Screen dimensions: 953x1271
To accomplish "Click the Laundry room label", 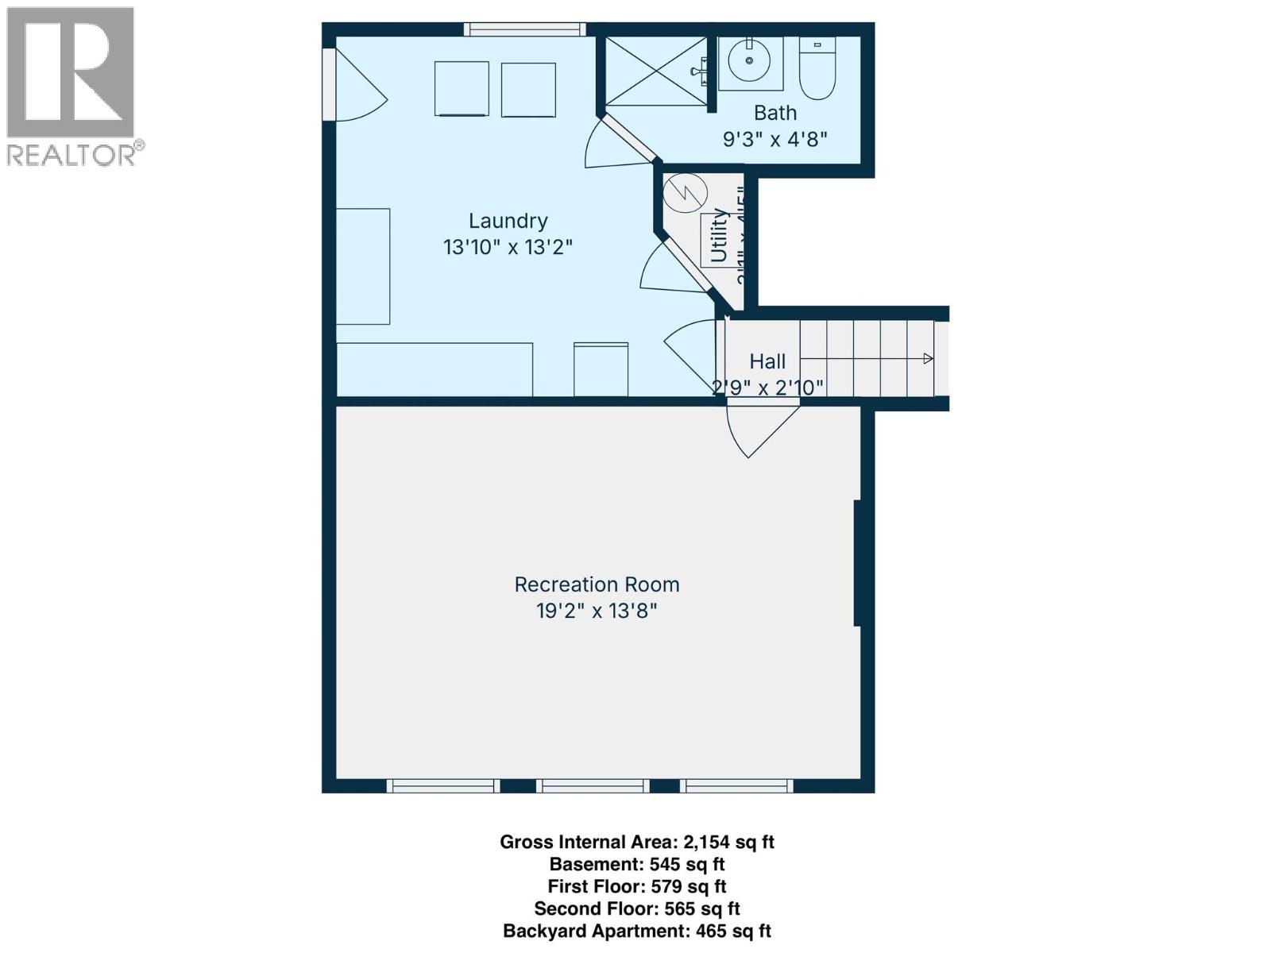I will pos(508,221).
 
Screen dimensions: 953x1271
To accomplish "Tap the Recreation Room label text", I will pos(597,585).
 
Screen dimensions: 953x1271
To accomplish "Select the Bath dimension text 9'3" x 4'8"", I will pos(775,139).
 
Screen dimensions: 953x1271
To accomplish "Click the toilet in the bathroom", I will pos(818,70).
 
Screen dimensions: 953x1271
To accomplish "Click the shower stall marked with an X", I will pos(655,71).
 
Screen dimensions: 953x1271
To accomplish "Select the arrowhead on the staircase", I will pos(928,359).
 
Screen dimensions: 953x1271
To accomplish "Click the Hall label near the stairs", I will pos(767,361).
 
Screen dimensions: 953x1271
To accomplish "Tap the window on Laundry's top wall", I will pos(524,29).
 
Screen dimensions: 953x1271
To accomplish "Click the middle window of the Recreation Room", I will pos(593,785).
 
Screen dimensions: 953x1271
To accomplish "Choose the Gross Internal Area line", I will pos(636,842).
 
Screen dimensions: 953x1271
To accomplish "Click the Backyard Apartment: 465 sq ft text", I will pos(636,931).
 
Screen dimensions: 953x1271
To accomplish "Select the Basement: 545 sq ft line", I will pos(636,864).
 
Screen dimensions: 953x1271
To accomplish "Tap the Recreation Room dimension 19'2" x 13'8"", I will pos(597,611).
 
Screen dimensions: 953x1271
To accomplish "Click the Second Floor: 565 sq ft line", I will pos(636,909).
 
